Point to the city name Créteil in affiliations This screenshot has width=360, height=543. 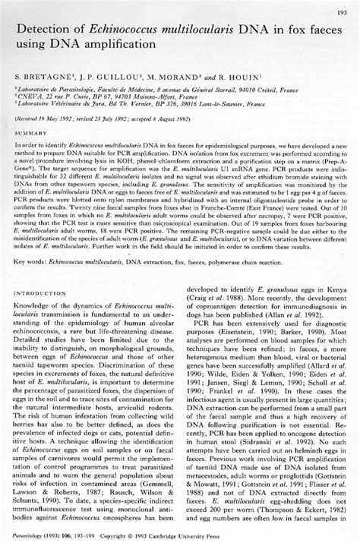[x=302, y=89]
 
